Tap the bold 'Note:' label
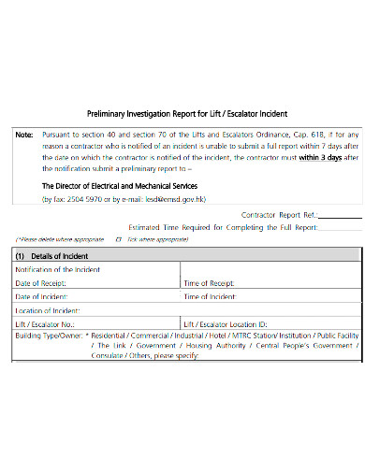pyautogui.click(x=25, y=134)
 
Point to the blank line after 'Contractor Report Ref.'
pyautogui.click(x=340, y=217)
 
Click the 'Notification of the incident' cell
pyautogui.click(x=58, y=269)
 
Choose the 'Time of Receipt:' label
pyautogui.click(x=211, y=282)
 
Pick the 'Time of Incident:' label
pyautogui.click(x=211, y=296)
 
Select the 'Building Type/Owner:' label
pyautogui.click(x=47, y=334)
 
